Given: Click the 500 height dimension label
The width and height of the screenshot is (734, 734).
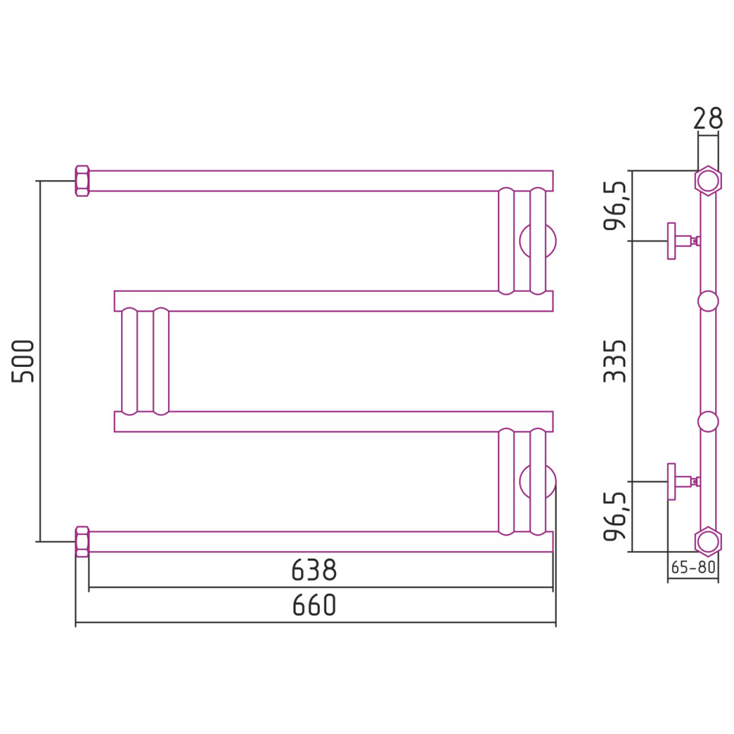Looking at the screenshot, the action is click(23, 362).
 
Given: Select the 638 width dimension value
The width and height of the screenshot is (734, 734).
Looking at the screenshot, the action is click(313, 570).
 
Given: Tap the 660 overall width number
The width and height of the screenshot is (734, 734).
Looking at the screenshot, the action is click(314, 605).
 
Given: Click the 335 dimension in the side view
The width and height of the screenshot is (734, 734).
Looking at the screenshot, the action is click(614, 362).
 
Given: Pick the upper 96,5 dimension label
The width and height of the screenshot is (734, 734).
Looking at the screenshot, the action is click(614, 206).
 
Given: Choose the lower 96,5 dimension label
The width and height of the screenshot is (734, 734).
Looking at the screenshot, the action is click(614, 516).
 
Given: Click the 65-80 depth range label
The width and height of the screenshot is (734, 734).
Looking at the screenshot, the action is click(693, 568).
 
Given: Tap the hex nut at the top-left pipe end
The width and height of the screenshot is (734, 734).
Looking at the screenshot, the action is click(82, 181).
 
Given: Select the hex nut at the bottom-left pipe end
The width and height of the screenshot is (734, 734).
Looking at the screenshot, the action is click(82, 542).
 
